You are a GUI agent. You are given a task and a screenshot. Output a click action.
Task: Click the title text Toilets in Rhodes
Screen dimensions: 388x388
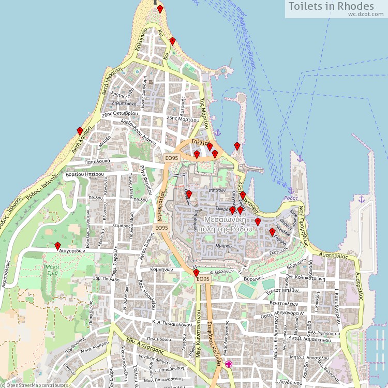coord(331,6)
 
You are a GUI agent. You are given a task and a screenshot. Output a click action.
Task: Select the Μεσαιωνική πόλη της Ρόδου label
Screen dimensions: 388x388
coord(224,223)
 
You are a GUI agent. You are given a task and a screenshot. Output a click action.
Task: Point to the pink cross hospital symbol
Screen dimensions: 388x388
coord(229,364)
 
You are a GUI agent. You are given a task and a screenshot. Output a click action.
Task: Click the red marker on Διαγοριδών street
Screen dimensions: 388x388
coord(57,246)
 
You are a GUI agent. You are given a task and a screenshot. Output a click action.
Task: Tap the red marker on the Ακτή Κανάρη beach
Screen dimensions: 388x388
coord(80,131)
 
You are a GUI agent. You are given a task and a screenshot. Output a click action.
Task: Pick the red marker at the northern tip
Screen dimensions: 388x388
coord(160,9)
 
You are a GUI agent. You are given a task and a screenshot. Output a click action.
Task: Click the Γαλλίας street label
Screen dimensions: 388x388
coord(199,143)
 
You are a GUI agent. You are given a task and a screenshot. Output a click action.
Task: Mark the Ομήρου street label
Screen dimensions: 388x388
coord(223,246)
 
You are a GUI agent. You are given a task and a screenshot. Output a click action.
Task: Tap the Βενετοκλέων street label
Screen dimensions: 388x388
coord(284,304)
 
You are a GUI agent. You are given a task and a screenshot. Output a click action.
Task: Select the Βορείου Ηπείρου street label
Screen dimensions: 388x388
coord(85,175)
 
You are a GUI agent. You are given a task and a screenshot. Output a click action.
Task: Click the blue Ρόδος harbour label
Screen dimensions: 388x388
coord(291,198)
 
